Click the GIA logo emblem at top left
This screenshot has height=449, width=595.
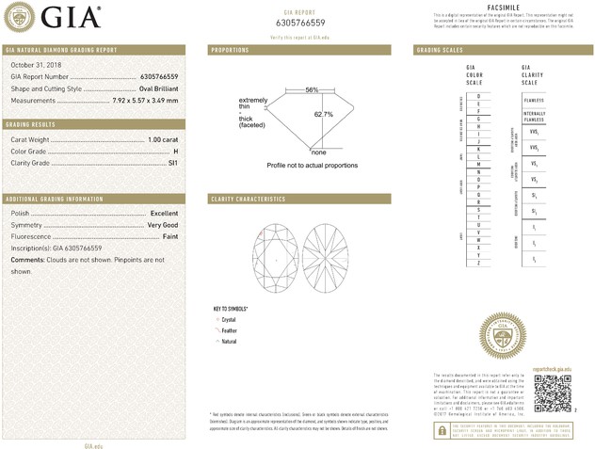tap(21, 17)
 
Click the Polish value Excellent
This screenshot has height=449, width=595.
tap(164, 214)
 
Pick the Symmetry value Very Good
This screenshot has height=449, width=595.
tap(162, 225)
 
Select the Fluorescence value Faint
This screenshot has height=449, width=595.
tap(169, 236)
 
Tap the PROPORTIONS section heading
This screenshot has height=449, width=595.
tap(230, 49)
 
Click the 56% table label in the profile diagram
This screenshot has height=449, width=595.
tap(312, 89)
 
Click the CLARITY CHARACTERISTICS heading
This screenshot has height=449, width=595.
tap(247, 200)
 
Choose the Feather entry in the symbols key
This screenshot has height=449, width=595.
tap(229, 330)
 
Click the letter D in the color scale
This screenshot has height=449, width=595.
tap(478, 97)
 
